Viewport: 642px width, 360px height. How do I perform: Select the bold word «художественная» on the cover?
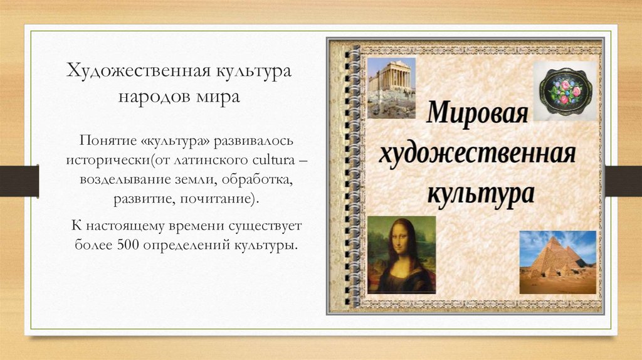(x=477, y=153)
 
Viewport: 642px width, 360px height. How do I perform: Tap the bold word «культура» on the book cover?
(x=481, y=191)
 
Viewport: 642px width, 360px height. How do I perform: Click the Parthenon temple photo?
(x=391, y=87)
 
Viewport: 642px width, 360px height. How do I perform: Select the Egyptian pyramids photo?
(x=557, y=262)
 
